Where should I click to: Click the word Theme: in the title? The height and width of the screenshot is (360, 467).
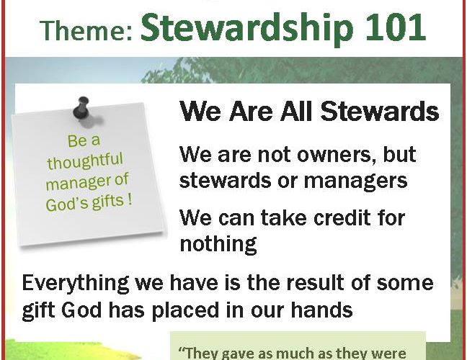[86, 30]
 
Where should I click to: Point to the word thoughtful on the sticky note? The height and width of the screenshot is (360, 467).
[85, 161]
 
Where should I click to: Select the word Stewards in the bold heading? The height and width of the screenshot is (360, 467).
[380, 112]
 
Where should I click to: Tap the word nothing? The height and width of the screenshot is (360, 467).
[218, 245]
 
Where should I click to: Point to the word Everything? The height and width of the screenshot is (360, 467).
[76, 284]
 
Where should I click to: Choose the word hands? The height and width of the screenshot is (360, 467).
[322, 310]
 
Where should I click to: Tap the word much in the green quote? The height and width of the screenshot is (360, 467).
[295, 353]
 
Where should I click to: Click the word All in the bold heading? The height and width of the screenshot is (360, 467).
[296, 111]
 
